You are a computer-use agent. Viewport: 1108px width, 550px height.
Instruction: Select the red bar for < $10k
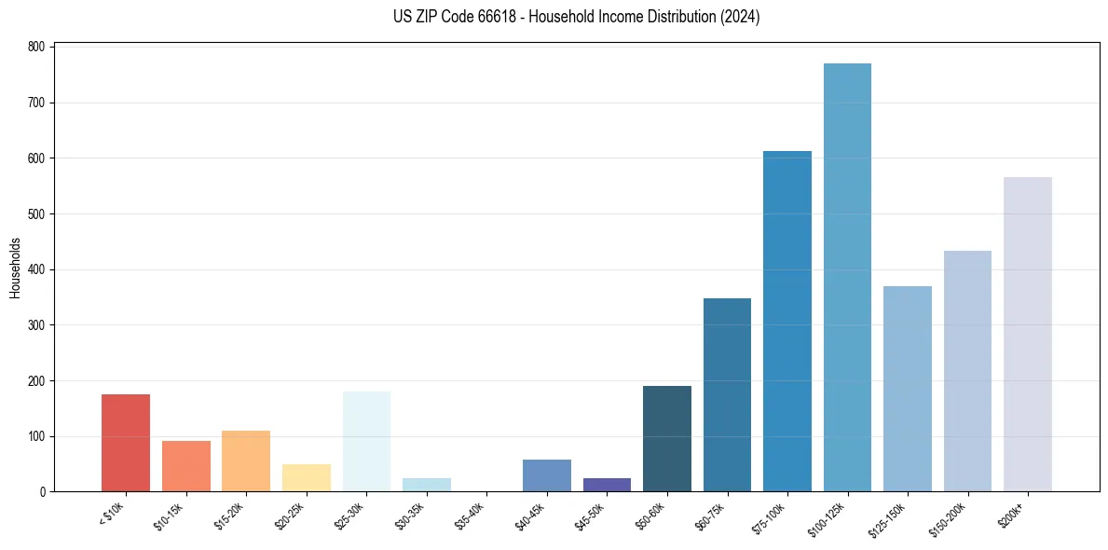click(x=126, y=443)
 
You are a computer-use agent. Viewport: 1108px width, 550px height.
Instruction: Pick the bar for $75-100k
click(x=787, y=322)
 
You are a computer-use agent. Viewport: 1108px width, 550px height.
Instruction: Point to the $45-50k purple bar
click(x=607, y=485)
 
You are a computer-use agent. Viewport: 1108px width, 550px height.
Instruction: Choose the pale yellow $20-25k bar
click(x=307, y=477)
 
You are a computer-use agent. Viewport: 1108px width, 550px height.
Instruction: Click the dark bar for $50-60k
click(x=667, y=438)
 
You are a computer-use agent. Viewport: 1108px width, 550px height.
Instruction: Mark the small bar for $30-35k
click(x=427, y=485)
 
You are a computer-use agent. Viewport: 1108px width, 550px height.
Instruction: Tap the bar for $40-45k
click(x=547, y=475)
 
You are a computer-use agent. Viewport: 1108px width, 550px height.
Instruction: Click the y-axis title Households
click(x=15, y=268)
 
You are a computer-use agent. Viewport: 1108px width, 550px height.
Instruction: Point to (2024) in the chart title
click(x=740, y=17)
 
